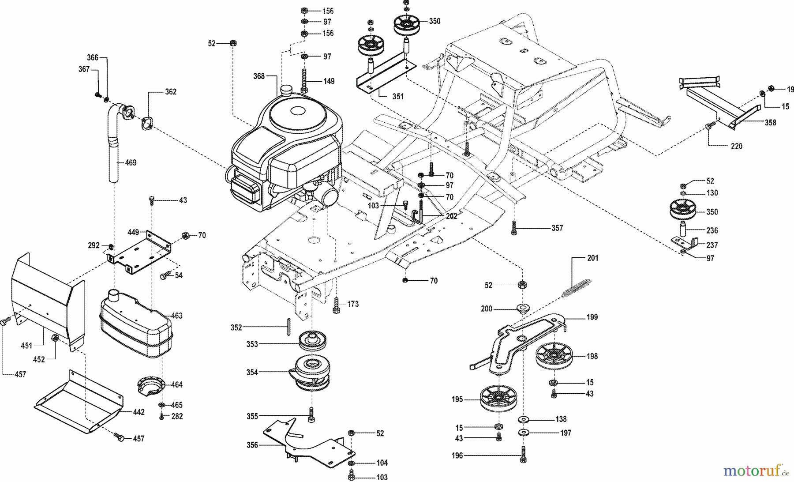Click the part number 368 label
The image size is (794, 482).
(258, 76)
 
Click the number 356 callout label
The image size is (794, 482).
(252, 445)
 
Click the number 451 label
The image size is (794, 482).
(26, 345)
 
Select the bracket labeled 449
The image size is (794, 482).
(140, 252)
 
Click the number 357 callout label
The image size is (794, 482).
(557, 228)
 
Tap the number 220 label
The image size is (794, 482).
(736, 146)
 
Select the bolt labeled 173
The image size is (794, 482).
(336, 305)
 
